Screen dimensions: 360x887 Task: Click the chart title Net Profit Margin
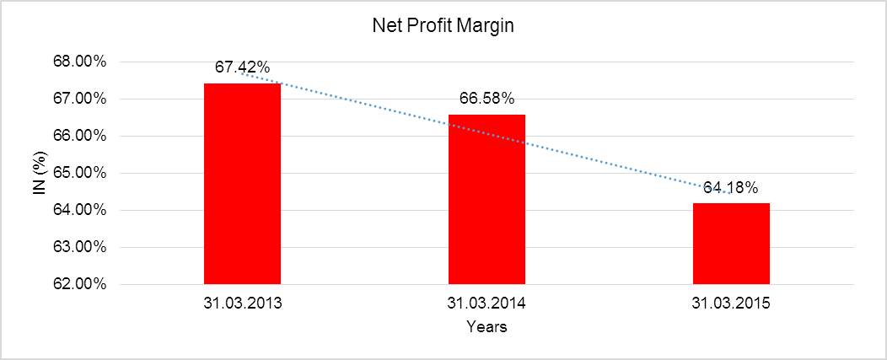(x=443, y=26)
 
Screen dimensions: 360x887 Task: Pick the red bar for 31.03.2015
(x=731, y=244)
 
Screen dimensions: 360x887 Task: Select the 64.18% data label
(x=731, y=187)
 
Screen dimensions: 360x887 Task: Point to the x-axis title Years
(x=487, y=327)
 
